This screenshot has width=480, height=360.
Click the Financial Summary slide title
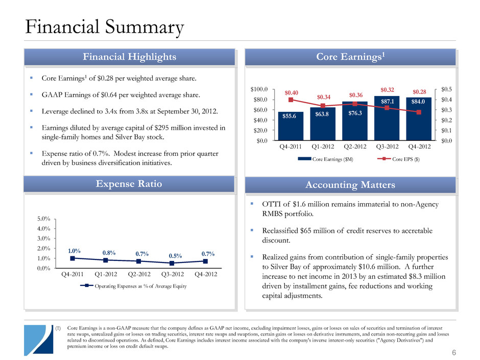tap(104, 27)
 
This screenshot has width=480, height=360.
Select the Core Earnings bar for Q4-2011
tap(291, 126)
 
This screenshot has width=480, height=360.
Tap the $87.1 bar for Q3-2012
tap(387, 118)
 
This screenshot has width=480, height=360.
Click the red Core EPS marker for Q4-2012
tap(419, 112)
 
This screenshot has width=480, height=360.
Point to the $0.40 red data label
tap(291, 92)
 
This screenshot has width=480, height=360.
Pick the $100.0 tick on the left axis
tap(259, 89)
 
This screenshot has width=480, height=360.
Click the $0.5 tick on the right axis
tap(446, 89)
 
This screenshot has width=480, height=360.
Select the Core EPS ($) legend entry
tap(399, 159)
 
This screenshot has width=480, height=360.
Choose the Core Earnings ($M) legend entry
tap(326, 159)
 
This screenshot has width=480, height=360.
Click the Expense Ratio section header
tap(129, 184)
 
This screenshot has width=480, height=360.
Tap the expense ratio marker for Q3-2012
tap(172, 263)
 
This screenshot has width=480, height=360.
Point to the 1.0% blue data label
tap(74, 251)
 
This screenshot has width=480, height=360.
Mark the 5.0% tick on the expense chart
tap(44, 219)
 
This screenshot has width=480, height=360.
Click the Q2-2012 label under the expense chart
tap(139, 274)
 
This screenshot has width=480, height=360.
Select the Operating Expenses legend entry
tap(133, 286)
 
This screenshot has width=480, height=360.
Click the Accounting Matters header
tap(350, 185)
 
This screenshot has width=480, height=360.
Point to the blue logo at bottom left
tap(39, 340)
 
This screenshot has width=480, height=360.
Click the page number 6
tap(454, 352)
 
